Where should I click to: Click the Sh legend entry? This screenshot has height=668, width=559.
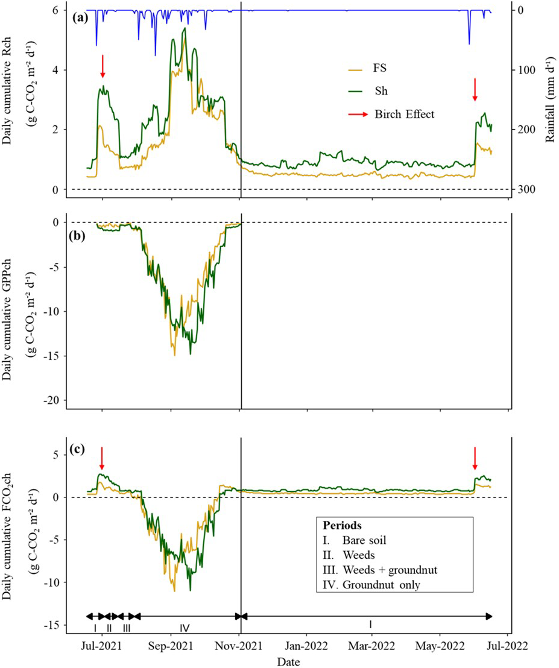tap(382, 92)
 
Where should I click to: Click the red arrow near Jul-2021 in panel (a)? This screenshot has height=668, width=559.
tap(103, 66)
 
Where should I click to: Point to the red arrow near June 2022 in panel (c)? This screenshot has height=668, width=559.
tap(475, 458)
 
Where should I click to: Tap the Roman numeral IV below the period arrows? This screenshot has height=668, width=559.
tap(185, 628)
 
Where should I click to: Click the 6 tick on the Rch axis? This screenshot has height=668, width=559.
tap(54, 10)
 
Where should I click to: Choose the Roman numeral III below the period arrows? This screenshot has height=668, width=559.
tap(126, 628)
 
